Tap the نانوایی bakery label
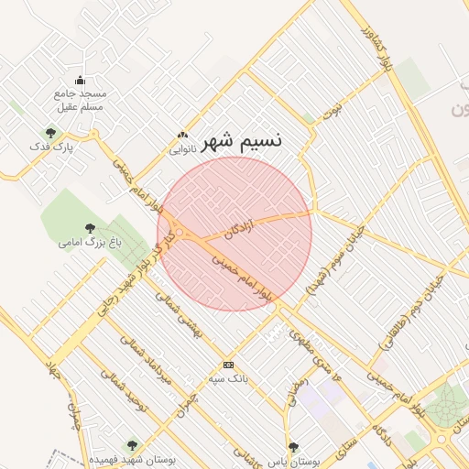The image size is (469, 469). [182, 147]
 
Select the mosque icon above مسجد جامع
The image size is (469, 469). [80, 80]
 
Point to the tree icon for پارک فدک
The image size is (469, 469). [50, 132]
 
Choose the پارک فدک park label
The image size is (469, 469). [50, 147]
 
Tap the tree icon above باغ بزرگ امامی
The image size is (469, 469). [90, 228]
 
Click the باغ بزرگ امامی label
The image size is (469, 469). [90, 243]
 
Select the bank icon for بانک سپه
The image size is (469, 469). [228, 364]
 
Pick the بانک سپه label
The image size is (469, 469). [228, 377]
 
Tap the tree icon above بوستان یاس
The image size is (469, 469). [293, 447]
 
